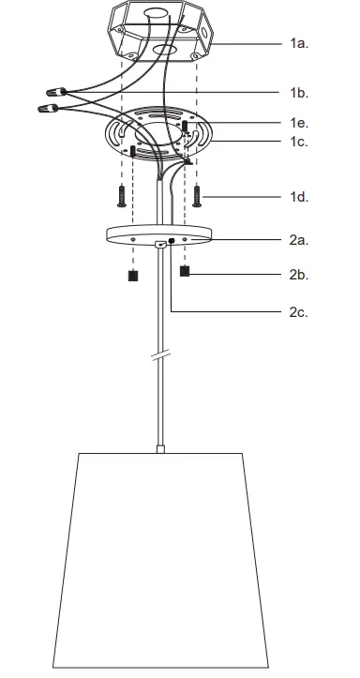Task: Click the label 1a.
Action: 300,43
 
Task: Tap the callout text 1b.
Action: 300,93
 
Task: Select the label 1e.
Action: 300,123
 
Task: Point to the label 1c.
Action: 300,142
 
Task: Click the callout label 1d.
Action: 300,197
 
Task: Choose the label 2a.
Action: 300,240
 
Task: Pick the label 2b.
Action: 300,275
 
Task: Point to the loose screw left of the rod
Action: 121,196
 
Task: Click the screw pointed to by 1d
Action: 199,196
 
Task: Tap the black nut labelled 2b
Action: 185,272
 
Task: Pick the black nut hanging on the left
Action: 133,277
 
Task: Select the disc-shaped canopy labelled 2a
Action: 158,234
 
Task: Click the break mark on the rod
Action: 162,357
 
